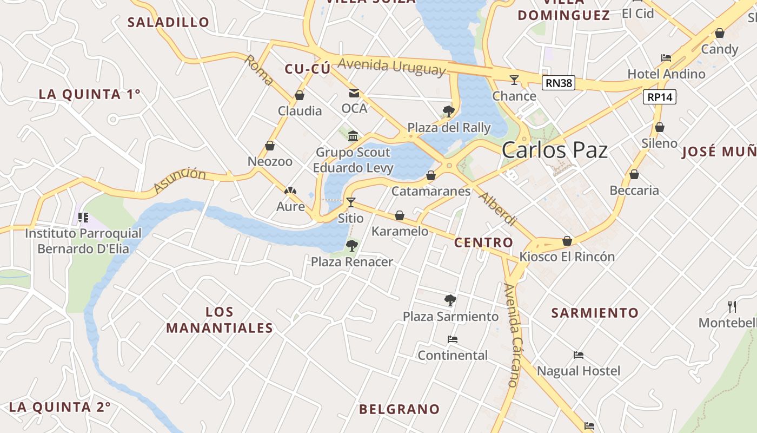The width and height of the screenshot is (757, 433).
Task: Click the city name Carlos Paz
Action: coord(555,150)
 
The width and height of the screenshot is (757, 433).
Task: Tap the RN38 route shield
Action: coord(558,83)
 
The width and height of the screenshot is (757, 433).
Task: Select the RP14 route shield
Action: coord(660,97)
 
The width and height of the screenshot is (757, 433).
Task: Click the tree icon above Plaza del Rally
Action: coord(448,111)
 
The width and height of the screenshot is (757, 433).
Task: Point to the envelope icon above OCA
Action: coord(354,93)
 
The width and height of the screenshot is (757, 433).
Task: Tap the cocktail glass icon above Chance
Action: coord(514,80)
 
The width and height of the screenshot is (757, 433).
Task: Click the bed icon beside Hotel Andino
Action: coord(666,58)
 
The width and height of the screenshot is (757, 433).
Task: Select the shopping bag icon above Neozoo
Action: coord(270,146)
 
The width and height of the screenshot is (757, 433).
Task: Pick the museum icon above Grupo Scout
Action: coord(353,136)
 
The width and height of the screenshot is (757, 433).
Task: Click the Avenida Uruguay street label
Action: coord(391,67)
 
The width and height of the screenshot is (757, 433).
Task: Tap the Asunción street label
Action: coord(180,181)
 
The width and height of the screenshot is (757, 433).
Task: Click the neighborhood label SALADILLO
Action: coord(168,22)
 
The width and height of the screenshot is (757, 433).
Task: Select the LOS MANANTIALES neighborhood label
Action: coord(220,320)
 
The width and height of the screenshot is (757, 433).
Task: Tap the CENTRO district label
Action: coord(483,242)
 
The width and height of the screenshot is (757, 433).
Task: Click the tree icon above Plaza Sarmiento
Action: coord(450,300)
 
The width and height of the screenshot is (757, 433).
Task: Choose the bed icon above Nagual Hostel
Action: coord(579,355)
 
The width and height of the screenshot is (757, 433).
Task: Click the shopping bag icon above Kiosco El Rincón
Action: coord(567,240)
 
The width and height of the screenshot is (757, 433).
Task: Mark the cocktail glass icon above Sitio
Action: coord(351,202)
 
